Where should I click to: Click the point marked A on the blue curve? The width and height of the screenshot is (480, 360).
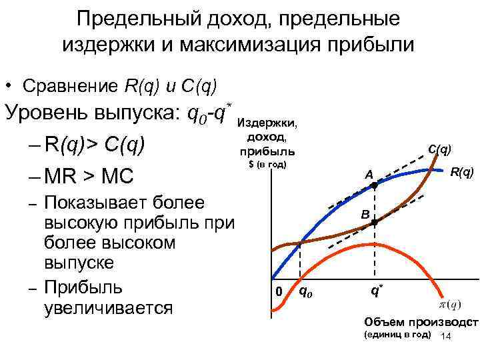click(x=374, y=187)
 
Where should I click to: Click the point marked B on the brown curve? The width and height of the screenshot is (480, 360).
click(x=374, y=223)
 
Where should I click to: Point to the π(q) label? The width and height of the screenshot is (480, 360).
click(x=449, y=304)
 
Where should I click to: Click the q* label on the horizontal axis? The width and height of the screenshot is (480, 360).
click(x=377, y=291)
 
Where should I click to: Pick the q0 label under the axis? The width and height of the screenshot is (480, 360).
click(x=303, y=291)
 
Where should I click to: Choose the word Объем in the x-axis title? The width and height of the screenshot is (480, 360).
click(x=381, y=322)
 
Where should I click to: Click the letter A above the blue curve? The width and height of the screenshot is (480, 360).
click(x=367, y=175)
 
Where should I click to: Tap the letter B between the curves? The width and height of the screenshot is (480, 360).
click(x=365, y=215)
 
